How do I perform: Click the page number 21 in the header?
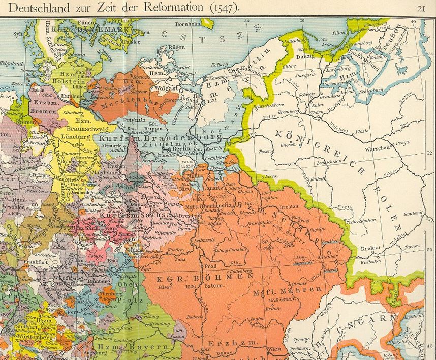pos(421,8)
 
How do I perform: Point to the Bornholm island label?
pos(186,23)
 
